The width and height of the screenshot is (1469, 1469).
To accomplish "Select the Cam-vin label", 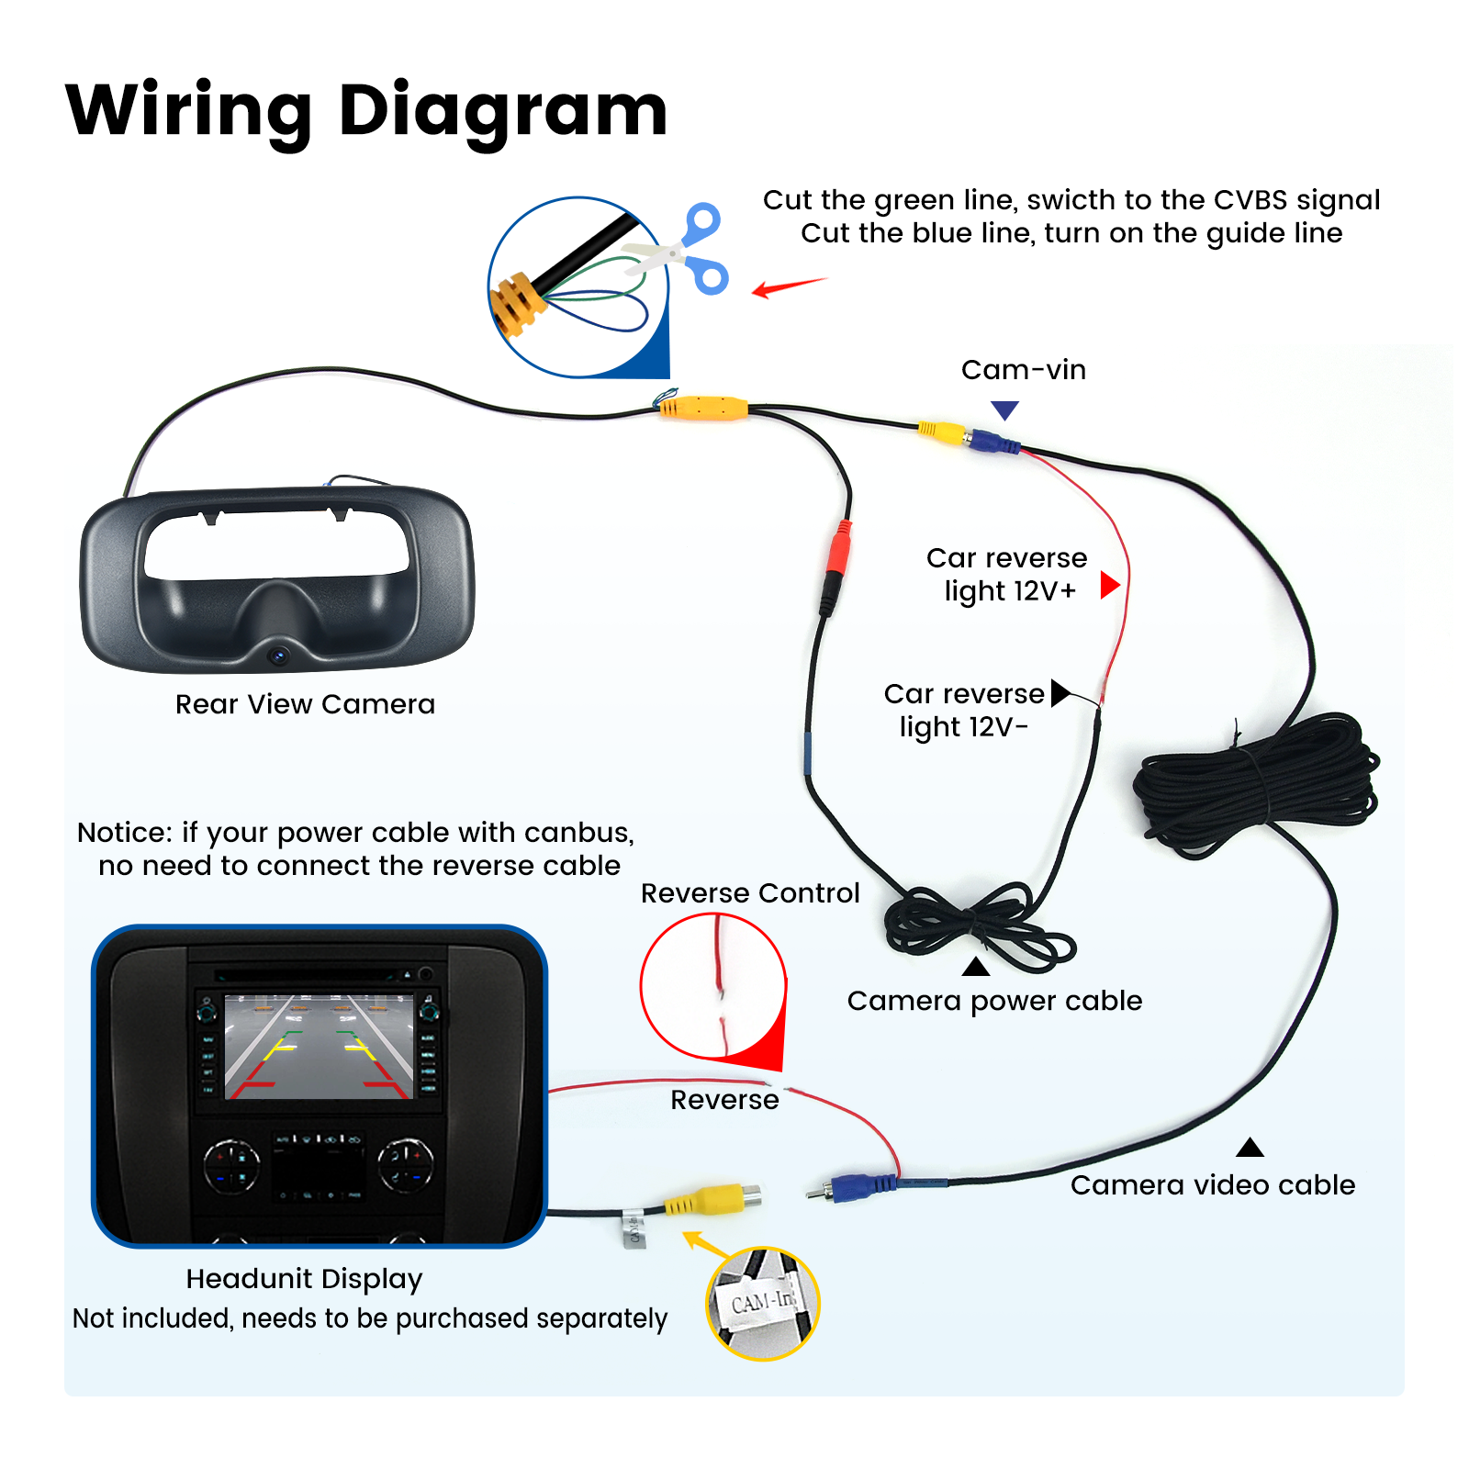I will pos(1023,370).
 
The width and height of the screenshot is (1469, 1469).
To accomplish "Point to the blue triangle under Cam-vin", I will pos(1004,409).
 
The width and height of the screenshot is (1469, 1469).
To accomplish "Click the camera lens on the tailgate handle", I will pos(278,655).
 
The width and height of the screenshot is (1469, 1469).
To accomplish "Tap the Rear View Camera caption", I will pos(305,704).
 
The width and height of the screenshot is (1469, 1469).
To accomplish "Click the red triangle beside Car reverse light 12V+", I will pos(1109,585).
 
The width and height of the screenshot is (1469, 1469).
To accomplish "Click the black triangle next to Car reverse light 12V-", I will pos(1060,692).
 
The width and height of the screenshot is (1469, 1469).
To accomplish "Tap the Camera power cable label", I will pos(994,1001).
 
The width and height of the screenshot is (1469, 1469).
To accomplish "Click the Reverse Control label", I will pos(749,893).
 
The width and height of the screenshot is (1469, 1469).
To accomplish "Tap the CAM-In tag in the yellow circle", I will pos(762,1302).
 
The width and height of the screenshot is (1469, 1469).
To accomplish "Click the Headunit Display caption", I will pos(304,1279).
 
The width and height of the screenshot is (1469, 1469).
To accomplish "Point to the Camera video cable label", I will pos(1212,1185).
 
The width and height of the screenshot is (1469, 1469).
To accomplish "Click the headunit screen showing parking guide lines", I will pos(318,1048).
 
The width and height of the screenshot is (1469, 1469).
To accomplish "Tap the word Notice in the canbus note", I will pos(124,833).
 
